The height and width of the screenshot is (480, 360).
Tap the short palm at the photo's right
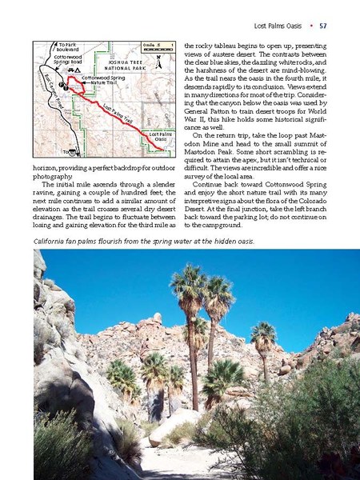click(x=263, y=336)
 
